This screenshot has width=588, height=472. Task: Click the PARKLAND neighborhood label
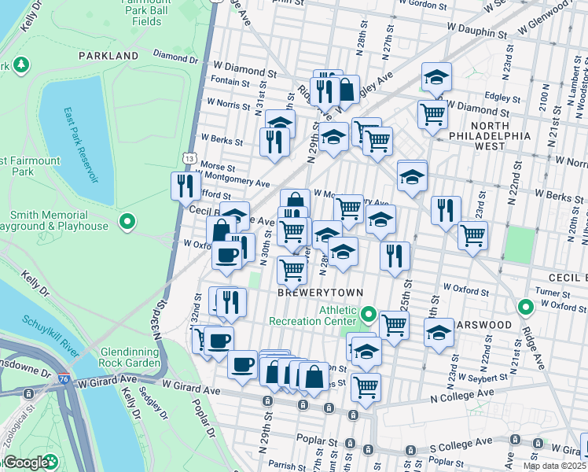pyautogui.click(x=108, y=56)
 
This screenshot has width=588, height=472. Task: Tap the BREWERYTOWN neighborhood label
pyautogui.click(x=321, y=293)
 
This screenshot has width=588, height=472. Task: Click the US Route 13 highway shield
pyautogui.click(x=190, y=159)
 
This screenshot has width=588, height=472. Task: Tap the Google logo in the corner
pyautogui.click(x=26, y=463)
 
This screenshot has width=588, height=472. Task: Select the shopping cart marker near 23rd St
pyautogui.click(x=472, y=234)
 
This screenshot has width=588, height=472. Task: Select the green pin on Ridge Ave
pyautogui.click(x=525, y=307)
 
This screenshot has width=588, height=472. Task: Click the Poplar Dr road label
pyautogui.click(x=202, y=419)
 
